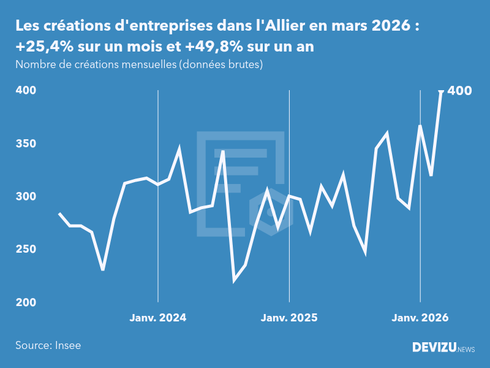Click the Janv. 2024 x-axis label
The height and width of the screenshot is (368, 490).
(158, 318)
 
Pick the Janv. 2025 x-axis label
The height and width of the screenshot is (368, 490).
(289, 318)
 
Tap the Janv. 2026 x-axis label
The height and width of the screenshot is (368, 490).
(420, 318)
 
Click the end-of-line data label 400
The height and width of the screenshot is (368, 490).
(460, 91)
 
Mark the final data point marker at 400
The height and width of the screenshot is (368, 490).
(441, 91)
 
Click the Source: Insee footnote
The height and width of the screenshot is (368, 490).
(48, 345)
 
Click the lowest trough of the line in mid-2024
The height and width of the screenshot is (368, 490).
(235, 281)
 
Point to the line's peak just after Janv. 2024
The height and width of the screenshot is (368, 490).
(179, 149)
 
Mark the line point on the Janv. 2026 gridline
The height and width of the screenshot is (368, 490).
(420, 126)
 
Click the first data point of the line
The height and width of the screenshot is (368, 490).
(59, 213)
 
